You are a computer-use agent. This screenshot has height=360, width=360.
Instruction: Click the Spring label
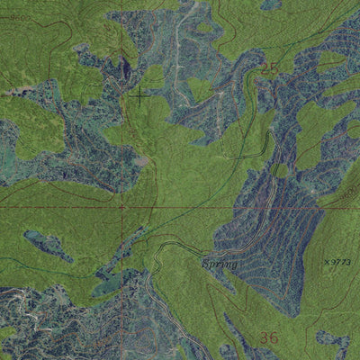[219, 265]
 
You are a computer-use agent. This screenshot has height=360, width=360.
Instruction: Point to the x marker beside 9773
[327, 262]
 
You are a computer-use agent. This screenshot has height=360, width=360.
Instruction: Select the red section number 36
[268, 337]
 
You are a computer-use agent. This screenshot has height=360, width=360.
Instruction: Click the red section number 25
[269, 67]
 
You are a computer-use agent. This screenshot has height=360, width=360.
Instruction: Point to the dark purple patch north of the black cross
[125, 67]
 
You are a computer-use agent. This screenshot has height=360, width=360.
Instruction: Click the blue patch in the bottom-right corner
[335, 341]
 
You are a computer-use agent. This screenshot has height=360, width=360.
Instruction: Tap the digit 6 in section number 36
[274, 337]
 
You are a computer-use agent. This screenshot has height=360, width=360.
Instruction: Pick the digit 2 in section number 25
[264, 67]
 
